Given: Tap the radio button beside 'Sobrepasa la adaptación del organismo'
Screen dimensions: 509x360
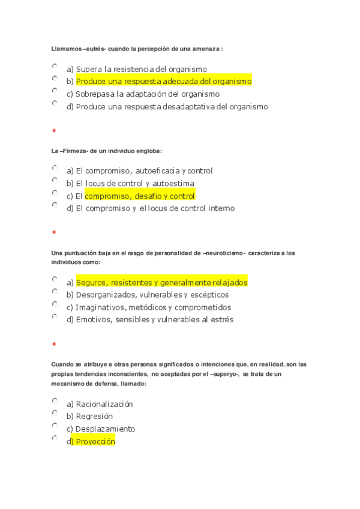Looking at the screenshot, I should point(55,91).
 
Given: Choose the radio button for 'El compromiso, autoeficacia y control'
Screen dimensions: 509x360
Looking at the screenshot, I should point(55,167).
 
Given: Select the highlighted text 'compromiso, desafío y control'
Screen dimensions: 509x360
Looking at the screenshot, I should point(140,196).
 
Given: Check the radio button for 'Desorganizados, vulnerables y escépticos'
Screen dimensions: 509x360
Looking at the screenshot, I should point(55,291).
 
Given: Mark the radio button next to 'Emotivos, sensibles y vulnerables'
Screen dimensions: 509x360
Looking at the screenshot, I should point(55,316).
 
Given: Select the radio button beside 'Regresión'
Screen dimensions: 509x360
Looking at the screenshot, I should point(55,413).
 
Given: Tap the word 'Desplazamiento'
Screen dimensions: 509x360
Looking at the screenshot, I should point(105,429).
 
